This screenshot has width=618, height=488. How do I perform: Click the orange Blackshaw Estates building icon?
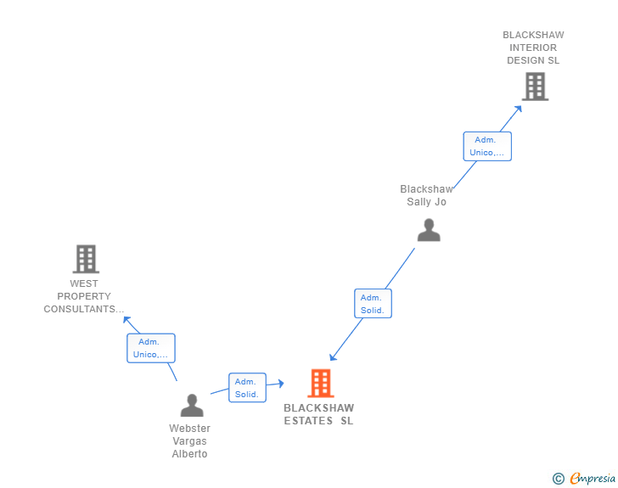point(320,383)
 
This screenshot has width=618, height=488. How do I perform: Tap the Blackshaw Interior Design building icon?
point(535,87)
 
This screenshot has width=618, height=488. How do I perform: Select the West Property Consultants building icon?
point(86,259)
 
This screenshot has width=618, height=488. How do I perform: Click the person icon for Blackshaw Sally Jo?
point(429,230)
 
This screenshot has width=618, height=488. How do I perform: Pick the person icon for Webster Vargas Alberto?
point(192,405)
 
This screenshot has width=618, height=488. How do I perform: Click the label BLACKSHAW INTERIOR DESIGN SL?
point(533,48)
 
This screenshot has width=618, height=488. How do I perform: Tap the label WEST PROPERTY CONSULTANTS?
point(83,296)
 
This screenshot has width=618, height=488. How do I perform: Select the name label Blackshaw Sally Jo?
point(426,195)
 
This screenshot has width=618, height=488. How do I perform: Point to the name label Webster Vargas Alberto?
point(189,441)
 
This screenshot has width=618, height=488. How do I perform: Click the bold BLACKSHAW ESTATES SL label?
point(319,414)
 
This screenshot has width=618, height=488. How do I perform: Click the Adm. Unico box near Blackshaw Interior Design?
point(487,146)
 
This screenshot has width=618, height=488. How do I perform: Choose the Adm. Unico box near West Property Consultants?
point(151,348)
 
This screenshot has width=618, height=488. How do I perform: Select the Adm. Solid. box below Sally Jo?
point(373,304)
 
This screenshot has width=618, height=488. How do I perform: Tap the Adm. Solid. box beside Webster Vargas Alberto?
point(248,388)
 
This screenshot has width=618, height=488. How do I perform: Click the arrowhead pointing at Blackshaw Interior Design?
point(519,109)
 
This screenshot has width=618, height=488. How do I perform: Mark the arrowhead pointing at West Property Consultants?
point(127,320)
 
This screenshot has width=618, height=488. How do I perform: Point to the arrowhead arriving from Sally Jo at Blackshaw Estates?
point(333,356)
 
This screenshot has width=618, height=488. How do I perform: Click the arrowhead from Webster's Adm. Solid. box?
point(281,383)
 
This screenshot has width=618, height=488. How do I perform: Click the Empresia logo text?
point(593,478)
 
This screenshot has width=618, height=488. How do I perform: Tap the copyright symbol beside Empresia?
point(559,479)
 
